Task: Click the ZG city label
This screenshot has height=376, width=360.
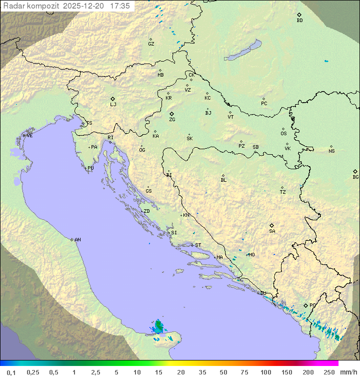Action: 172,120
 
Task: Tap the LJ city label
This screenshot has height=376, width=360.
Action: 113,105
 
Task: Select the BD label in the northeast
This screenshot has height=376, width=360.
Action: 299,21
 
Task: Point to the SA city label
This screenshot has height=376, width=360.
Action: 272,231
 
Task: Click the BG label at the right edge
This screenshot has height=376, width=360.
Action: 355,177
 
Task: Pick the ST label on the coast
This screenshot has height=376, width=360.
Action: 198,245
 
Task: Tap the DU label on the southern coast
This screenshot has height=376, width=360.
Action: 263,293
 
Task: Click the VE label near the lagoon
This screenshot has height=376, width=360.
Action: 29,136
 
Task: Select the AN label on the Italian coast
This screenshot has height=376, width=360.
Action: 77,240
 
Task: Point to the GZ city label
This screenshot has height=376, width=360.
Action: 151,44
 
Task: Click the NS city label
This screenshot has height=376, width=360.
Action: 331,151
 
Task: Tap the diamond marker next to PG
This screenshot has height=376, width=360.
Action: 306,305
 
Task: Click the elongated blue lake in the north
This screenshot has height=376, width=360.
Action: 243,51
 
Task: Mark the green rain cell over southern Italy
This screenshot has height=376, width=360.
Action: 159,327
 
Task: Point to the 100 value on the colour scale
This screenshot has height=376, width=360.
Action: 265,372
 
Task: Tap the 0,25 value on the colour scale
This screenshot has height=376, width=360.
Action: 33,372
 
